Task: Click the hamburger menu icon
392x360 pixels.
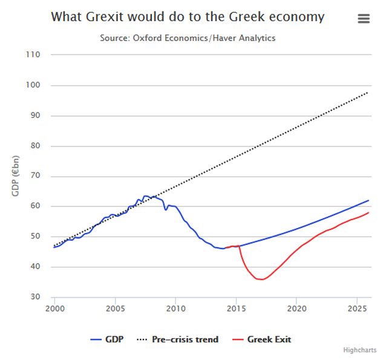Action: click(x=364, y=18)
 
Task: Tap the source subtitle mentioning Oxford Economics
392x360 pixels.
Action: click(x=188, y=38)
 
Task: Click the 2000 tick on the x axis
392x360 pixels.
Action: click(x=54, y=308)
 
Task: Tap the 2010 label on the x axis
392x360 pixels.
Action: click(x=175, y=308)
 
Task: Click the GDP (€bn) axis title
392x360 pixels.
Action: click(x=16, y=175)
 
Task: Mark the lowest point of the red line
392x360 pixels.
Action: click(x=261, y=280)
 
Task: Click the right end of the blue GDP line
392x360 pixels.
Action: click(x=368, y=200)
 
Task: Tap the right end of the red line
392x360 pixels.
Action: click(x=368, y=212)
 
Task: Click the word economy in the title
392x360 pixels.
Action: click(x=294, y=17)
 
